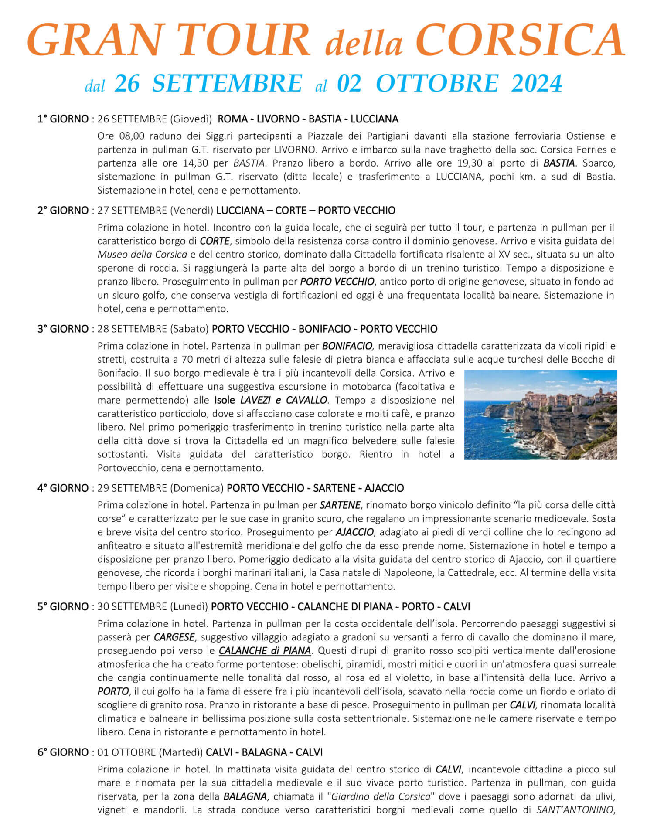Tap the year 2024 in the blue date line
click(x=537, y=83)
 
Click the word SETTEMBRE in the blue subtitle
click(x=227, y=83)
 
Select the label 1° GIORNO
click(x=63, y=119)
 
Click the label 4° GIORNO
click(x=63, y=488)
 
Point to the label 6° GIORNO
click(x=63, y=752)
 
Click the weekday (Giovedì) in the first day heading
click(x=191, y=119)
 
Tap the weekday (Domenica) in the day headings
click(x=197, y=488)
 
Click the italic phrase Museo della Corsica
click(x=142, y=254)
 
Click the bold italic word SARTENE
click(x=340, y=505)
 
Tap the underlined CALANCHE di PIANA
click(x=265, y=651)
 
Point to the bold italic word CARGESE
click(x=174, y=637)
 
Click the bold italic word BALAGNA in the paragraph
click(x=245, y=796)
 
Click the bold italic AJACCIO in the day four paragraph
click(x=354, y=532)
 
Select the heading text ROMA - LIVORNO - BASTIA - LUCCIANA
click(x=308, y=119)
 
